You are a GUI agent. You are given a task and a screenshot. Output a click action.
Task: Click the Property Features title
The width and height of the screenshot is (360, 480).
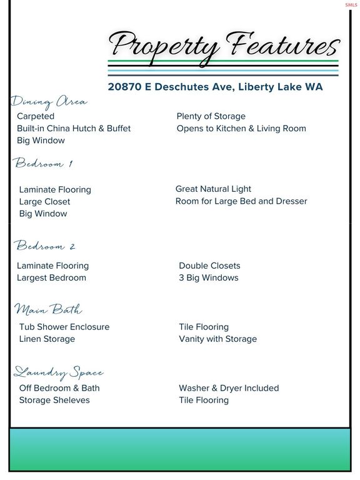click(x=224, y=45)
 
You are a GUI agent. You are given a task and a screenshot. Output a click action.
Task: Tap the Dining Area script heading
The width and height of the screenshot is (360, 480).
click(x=49, y=102)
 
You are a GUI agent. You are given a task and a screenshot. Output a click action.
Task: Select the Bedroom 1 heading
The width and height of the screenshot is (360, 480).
click(x=44, y=164)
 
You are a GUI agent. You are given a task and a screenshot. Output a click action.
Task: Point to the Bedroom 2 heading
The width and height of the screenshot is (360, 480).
click(x=45, y=246)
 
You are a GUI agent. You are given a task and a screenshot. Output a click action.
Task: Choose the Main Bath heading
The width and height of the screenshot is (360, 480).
click(x=48, y=309)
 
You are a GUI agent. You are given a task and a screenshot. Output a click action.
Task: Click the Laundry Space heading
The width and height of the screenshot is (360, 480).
click(x=58, y=372)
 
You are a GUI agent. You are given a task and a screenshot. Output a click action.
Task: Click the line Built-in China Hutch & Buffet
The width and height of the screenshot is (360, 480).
click(x=74, y=128)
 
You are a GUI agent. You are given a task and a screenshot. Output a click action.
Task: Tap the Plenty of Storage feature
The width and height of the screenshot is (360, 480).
click(x=211, y=116)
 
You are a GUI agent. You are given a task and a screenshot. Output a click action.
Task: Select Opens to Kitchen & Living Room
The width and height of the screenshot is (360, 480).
click(x=241, y=128)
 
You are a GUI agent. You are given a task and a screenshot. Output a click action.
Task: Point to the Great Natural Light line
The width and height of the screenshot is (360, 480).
click(x=213, y=189)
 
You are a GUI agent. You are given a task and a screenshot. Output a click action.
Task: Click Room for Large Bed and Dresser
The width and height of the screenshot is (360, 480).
click(x=241, y=201)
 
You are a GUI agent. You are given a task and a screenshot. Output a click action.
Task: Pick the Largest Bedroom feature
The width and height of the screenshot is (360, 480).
click(x=51, y=277)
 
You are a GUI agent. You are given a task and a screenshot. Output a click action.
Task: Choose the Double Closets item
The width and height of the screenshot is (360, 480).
click(x=209, y=266)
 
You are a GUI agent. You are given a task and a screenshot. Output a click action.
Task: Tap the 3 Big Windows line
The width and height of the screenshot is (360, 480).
click(x=208, y=277)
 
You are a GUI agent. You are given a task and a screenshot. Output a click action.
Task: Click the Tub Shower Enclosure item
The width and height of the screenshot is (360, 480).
click(x=64, y=327)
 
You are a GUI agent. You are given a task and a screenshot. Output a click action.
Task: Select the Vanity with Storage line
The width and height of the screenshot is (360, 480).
click(x=217, y=339)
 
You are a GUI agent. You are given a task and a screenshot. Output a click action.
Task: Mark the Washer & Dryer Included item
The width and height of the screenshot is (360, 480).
click(x=229, y=388)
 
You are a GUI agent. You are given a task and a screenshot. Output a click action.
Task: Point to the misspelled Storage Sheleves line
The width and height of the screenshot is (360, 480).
click(x=54, y=400)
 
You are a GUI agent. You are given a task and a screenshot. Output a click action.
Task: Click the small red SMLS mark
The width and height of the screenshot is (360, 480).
click(x=351, y=4)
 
